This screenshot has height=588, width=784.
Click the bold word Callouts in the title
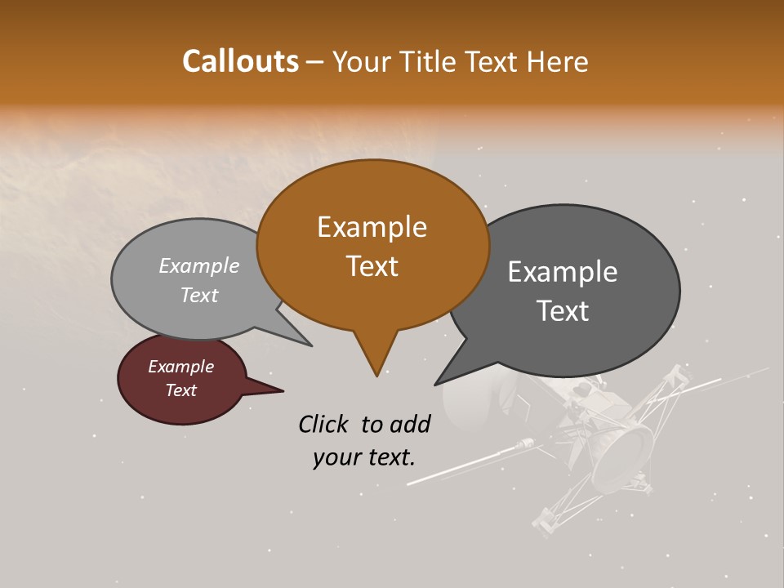(x=240, y=61)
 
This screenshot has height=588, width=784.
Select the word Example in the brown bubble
(x=372, y=227)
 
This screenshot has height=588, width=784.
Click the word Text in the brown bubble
(x=372, y=266)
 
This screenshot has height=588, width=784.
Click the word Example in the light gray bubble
(x=199, y=265)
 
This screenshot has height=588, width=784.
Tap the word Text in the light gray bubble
(x=199, y=295)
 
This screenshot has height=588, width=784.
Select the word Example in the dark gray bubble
(x=562, y=272)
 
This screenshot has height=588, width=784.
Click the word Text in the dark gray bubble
(x=563, y=311)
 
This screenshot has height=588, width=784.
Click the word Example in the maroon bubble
(x=180, y=367)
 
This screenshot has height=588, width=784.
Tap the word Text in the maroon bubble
(x=180, y=390)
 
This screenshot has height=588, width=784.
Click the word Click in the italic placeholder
(x=324, y=424)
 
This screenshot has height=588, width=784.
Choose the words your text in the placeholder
(x=364, y=457)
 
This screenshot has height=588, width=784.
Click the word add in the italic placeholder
(x=411, y=424)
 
